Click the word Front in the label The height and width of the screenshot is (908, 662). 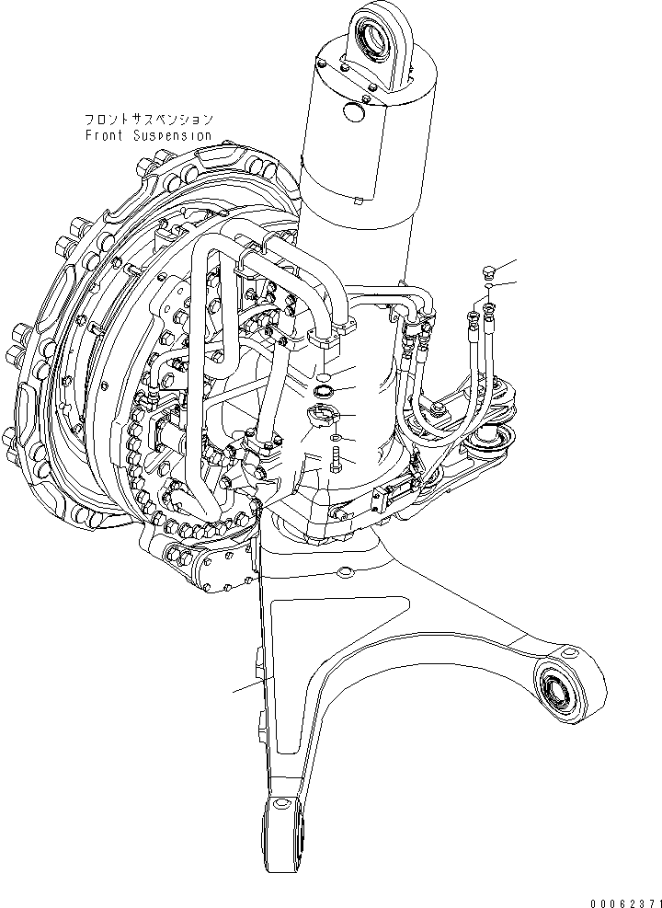pos(104,135)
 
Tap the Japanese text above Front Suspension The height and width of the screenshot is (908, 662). pos(149,120)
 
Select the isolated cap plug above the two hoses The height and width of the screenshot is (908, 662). pos(488,271)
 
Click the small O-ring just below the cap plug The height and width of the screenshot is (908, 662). pos(488,289)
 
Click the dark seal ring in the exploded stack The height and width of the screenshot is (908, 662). pos(324,393)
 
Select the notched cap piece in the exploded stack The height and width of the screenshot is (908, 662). pos(323,417)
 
